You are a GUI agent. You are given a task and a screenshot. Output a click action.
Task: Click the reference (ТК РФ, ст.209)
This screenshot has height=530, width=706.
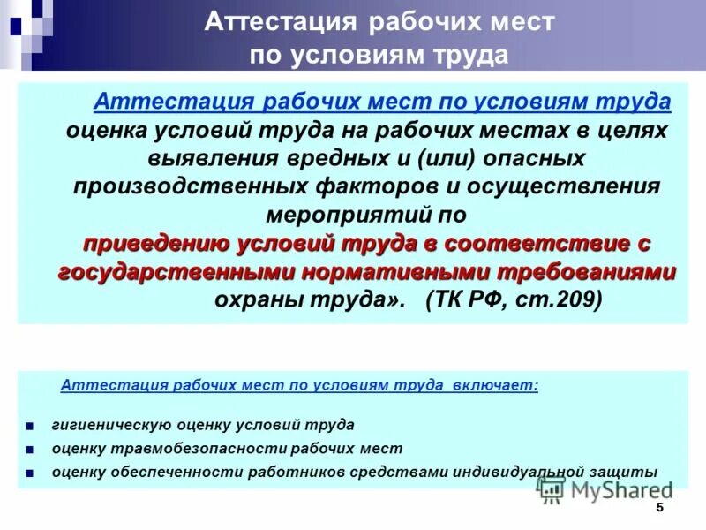click(513, 299)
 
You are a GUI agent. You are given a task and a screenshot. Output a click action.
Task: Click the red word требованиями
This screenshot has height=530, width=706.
click(587, 271)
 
